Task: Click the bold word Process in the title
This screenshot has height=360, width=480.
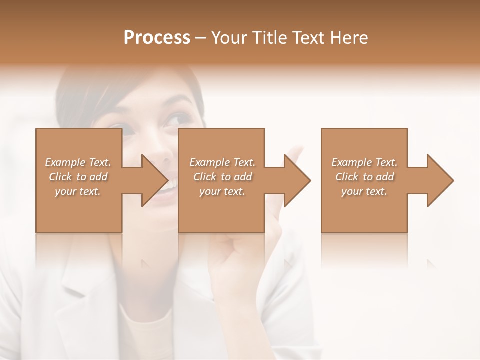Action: [x=157, y=37]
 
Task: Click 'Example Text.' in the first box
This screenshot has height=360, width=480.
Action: [x=78, y=162]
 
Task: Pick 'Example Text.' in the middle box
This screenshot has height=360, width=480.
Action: [x=222, y=162]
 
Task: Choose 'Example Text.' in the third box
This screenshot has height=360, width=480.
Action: [x=364, y=162]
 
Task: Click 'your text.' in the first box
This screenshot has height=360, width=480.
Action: [x=78, y=191]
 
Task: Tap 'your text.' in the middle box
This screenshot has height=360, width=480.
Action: [x=222, y=191]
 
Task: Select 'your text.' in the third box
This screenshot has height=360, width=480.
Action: [x=364, y=191]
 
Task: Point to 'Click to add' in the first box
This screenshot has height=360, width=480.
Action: [x=78, y=177]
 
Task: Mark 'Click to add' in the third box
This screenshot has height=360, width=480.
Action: [x=364, y=177]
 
